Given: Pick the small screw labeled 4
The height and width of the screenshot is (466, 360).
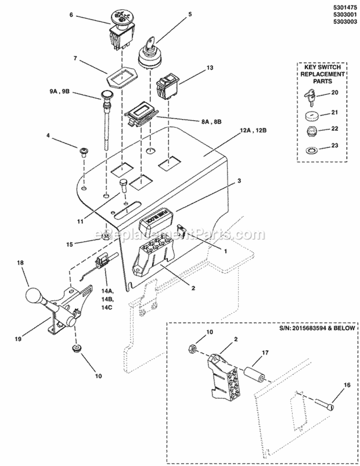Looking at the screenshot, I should tap(83, 152).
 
